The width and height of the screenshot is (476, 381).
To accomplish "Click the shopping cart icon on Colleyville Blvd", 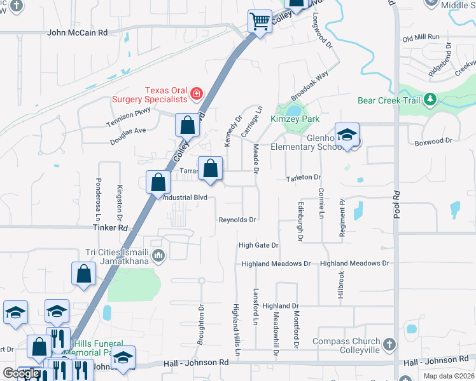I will click(260, 22).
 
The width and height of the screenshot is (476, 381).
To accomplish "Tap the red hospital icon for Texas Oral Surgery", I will click(197, 95).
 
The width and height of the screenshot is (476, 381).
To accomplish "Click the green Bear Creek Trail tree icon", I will click(431, 100).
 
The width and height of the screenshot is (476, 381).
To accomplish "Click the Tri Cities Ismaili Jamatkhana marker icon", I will click(158, 256).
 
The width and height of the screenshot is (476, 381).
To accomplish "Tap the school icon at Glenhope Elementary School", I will click(347, 135).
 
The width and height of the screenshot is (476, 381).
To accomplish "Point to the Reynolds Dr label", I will click(237, 220).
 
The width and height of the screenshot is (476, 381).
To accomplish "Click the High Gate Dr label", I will click(258, 245).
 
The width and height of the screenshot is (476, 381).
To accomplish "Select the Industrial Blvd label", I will click(186, 197).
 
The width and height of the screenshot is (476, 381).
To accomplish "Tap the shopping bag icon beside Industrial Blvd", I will click(158, 182).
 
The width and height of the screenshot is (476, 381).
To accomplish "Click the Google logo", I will click(21, 373).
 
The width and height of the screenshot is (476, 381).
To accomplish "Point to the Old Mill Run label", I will click(421, 37).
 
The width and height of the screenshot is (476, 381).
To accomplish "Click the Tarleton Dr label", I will click(304, 178).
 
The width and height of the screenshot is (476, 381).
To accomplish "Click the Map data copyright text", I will click(449, 376).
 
